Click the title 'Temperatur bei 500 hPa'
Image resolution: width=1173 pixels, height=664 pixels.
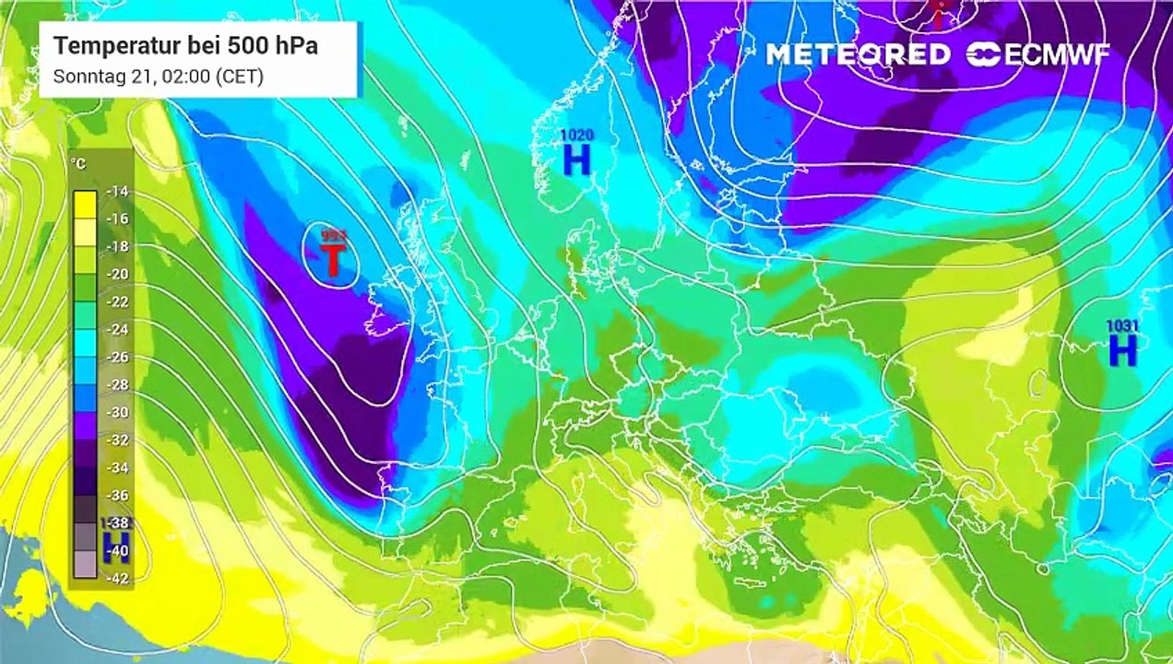click(x=185, y=46)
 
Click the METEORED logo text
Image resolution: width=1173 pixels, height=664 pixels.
click(x=858, y=54)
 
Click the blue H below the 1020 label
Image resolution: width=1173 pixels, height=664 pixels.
click(x=576, y=160)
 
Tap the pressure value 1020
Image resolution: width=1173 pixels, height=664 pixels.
click(x=577, y=136)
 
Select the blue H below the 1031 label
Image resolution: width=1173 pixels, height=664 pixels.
click(x=1122, y=350)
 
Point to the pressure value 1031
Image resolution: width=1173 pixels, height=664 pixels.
click(x=1122, y=326)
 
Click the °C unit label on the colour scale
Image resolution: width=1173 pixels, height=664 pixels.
click(x=80, y=164)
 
